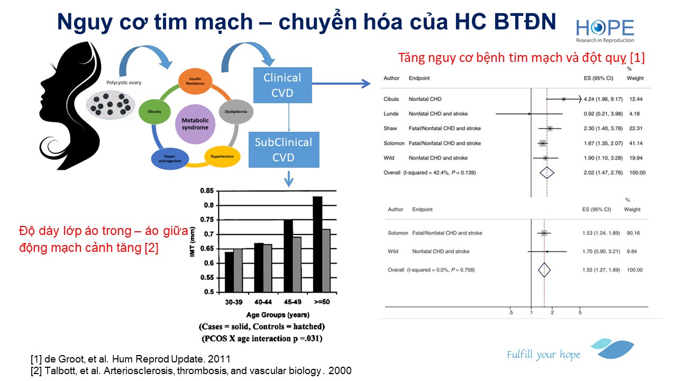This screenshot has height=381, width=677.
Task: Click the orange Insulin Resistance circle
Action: (195, 81)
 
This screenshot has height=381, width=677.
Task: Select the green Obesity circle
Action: (154, 112)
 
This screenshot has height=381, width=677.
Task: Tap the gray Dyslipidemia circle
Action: (236, 112)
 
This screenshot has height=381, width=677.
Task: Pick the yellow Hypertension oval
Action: (222, 156)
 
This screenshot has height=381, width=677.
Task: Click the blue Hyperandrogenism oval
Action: (170, 159)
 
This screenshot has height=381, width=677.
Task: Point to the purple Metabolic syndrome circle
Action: (195, 124)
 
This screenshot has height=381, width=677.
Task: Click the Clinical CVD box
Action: (282, 85)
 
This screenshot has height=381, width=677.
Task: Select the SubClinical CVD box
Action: (284, 150)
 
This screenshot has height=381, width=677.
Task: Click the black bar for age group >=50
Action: (318, 244)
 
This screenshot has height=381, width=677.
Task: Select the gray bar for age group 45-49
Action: (297, 265)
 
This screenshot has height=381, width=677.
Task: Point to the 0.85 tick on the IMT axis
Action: (207, 191)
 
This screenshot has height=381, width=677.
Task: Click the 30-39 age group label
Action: (234, 302)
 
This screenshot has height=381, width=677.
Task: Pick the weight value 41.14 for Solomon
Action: (636, 143)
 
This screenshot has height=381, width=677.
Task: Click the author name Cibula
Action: (391, 99)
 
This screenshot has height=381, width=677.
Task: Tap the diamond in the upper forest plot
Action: (547, 173)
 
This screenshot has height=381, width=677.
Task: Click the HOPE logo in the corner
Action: (605, 30)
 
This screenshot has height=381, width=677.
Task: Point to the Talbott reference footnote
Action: (191, 371)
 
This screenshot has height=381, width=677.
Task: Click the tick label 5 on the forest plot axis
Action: (580, 312)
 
